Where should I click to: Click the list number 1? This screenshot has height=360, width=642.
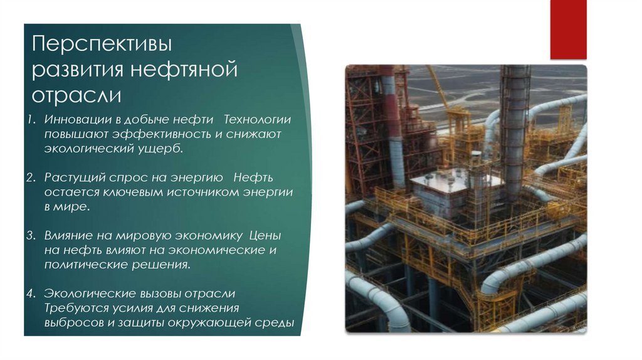[31, 119]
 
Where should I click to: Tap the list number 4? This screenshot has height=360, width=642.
[31, 294]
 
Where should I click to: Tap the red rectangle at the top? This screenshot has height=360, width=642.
[568, 29]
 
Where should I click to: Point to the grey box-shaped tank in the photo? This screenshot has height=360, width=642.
[448, 194]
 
